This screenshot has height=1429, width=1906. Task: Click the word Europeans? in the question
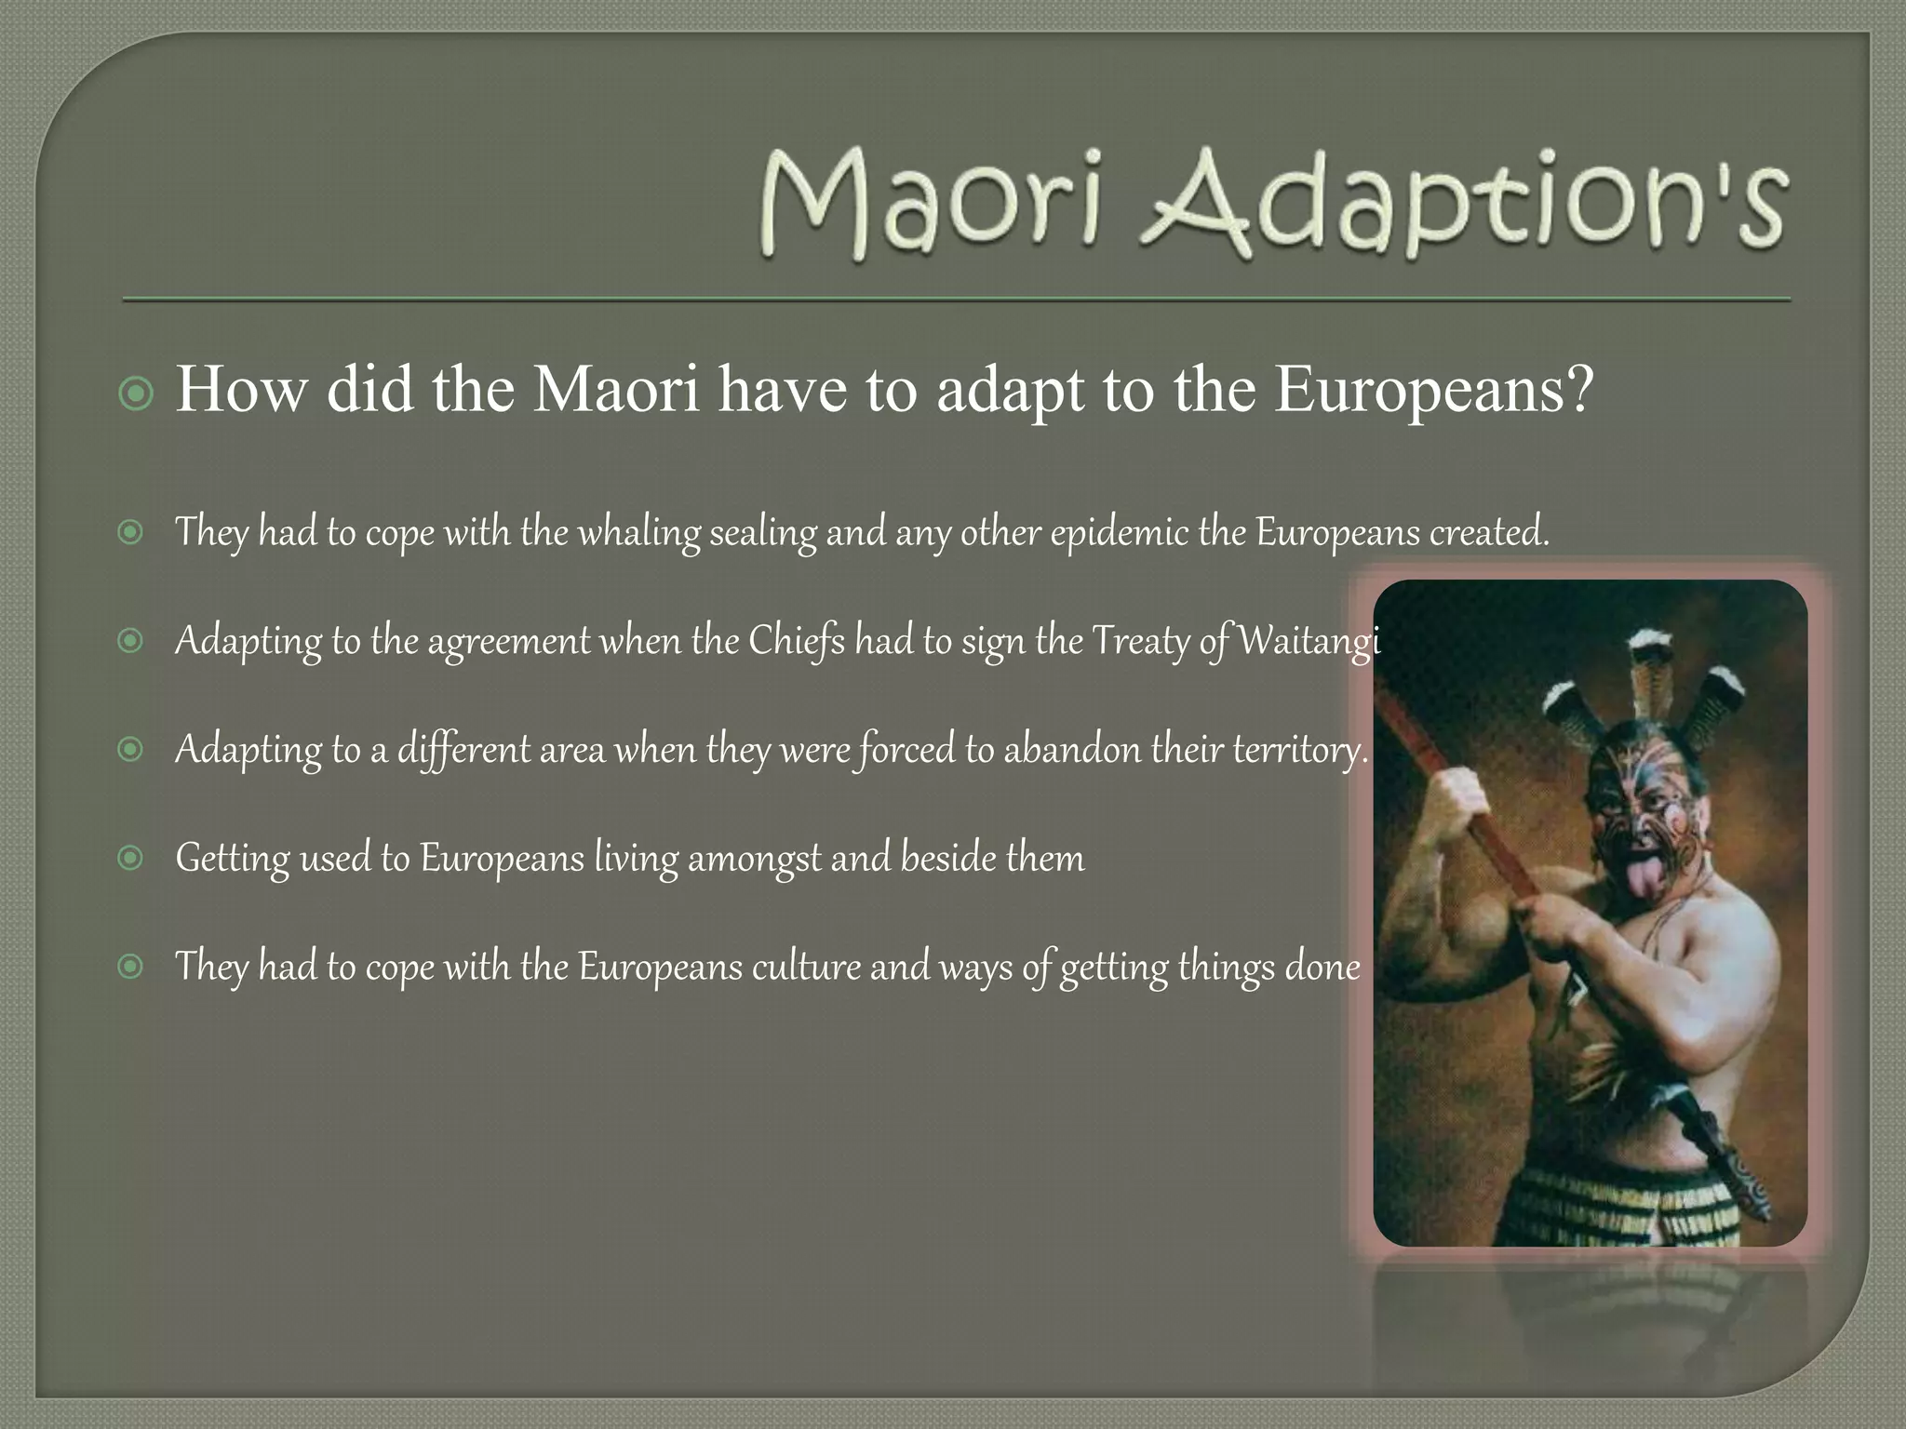1434,390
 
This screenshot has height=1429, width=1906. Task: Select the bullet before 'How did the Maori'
137,394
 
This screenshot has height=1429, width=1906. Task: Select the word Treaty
1140,642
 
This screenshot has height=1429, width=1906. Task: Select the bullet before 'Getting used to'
131,857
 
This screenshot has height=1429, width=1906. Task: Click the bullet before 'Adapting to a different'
131,748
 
